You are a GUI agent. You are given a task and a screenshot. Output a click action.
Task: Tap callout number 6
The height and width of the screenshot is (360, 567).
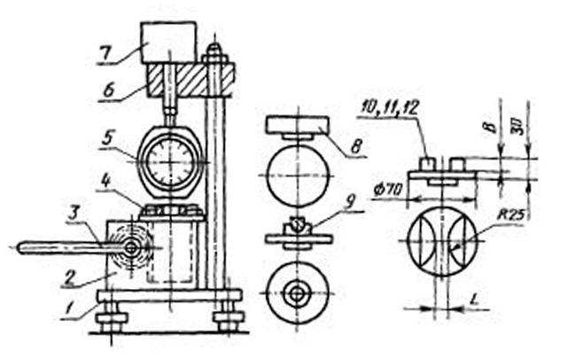[108, 90]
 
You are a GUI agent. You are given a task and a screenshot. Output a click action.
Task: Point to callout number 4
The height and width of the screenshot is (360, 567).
[107, 181]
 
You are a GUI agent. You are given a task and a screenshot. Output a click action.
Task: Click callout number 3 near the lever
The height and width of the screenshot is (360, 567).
[74, 213]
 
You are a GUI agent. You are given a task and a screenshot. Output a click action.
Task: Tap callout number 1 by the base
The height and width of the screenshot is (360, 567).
[67, 309]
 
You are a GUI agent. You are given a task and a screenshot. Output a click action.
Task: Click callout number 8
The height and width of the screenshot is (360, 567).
[356, 146]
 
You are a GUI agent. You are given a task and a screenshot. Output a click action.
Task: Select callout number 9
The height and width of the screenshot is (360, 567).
[350, 202]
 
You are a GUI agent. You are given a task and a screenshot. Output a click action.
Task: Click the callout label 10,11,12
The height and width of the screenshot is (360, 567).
[390, 108]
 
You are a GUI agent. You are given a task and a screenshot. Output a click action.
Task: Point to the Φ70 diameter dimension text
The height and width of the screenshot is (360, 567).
[388, 189]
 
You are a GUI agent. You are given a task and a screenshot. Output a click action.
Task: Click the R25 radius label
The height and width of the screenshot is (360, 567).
[510, 215]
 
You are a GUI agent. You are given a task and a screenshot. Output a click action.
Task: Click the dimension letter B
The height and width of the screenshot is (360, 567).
[490, 127]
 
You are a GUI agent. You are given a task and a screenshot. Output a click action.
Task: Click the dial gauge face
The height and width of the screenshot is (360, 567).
[171, 161]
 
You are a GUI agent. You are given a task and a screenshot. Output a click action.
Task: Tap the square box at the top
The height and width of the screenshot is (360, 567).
[169, 43]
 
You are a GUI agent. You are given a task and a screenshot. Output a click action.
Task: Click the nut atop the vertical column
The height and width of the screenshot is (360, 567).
[214, 55]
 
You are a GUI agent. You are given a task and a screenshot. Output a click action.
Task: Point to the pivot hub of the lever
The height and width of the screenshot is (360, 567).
[132, 248]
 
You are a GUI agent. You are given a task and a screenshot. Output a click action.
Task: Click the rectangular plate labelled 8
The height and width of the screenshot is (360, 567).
[298, 125]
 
